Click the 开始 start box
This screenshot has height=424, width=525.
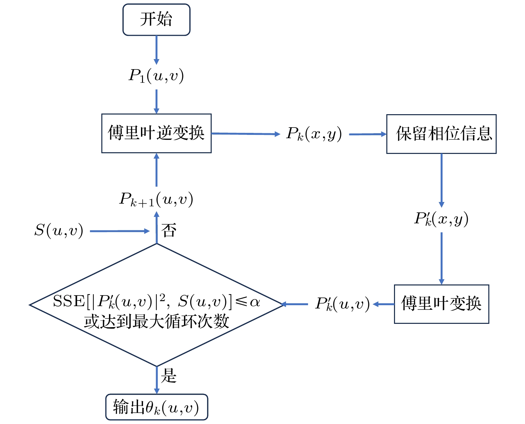(156, 19)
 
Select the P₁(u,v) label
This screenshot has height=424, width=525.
(156, 76)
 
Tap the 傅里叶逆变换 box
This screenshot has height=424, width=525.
(156, 133)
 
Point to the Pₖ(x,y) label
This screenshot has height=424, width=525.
(314, 134)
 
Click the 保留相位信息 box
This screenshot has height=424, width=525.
(441, 134)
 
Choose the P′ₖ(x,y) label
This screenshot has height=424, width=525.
(441, 219)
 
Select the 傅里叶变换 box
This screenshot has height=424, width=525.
(441, 304)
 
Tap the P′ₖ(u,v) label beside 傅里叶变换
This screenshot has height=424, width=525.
(342, 304)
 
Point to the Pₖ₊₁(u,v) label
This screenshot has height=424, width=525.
(156, 199)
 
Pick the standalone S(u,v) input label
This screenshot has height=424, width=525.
(59, 231)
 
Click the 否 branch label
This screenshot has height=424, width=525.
(169, 230)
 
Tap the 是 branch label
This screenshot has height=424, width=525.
(169, 376)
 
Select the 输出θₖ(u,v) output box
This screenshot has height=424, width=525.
(157, 407)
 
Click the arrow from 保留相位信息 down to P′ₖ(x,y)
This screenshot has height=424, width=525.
(441, 180)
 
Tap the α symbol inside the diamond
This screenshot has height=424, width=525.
(255, 302)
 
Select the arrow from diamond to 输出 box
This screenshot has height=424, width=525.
(157, 380)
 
